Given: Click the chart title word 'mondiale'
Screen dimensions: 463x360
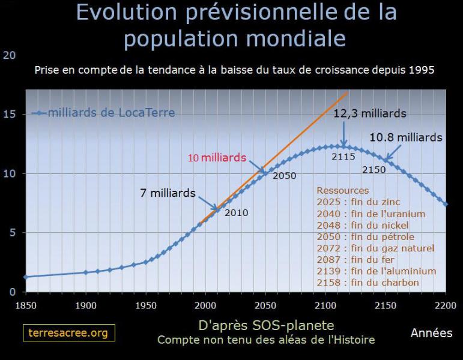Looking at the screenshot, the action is pos(296,38).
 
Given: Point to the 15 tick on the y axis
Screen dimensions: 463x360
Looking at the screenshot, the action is pos(10,114).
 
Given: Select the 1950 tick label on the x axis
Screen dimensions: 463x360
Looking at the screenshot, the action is pos(146,305).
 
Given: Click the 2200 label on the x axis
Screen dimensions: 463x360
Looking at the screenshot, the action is pos(446,305).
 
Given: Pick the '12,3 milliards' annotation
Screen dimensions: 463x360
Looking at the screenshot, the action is pos(370,113).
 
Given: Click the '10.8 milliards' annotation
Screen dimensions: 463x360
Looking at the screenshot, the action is pos(406,137).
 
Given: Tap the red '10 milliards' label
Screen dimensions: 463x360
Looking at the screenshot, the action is pos(217,158).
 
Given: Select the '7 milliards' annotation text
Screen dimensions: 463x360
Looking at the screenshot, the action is pos(168,193).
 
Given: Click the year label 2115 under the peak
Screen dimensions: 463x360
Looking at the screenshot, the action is pos(343,157).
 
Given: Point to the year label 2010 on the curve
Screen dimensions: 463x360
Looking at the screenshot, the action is pos(236,213).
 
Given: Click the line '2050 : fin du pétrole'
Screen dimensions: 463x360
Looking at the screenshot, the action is pos(366,236).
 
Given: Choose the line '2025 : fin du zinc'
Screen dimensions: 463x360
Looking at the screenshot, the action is pos(359,202).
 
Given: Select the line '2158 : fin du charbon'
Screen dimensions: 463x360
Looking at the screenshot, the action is pos(368,283).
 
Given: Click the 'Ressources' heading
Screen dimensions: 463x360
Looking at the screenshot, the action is pos(343,190).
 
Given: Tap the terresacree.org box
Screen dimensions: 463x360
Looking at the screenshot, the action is pos(69,333).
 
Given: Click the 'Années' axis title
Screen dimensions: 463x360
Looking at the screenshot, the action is pos(431,333).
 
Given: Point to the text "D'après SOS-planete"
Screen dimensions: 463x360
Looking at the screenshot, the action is pos(267,325).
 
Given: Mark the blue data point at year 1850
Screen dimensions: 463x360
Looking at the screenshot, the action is pos(26,277).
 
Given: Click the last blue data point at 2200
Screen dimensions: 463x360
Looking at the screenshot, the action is pos(446,204).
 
